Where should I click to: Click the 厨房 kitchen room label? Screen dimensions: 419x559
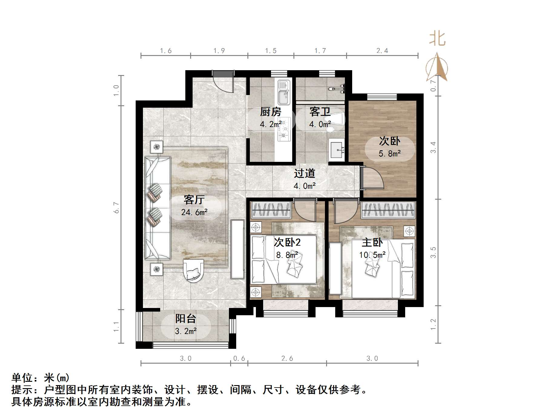click(270, 112)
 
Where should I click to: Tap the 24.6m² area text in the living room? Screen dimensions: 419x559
click(194, 212)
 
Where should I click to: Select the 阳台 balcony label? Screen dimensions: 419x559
click(186, 319)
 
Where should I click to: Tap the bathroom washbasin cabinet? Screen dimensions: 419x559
click(336, 150)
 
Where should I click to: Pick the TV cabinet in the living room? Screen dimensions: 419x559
click(237, 249)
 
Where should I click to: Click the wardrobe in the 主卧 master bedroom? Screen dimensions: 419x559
click(389, 210)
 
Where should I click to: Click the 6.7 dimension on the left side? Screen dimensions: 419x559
click(117, 208)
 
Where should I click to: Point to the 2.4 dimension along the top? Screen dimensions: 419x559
click(382, 51)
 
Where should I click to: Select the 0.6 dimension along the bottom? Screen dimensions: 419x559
click(239, 358)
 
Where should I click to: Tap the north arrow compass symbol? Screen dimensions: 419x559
click(437, 68)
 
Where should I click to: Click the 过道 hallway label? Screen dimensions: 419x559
click(304, 173)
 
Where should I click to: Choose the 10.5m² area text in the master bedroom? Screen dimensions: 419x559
click(372, 255)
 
